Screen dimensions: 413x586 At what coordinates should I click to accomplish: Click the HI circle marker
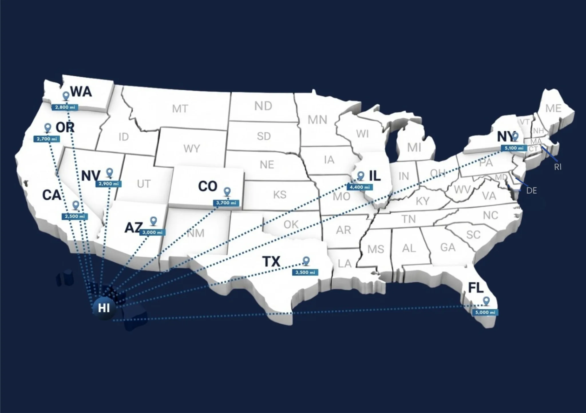(x=104, y=308)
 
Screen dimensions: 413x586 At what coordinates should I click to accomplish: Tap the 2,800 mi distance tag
(x=65, y=107)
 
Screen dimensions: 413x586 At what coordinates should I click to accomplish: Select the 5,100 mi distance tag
(x=514, y=148)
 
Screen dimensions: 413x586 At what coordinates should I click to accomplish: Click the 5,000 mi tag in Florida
(x=485, y=312)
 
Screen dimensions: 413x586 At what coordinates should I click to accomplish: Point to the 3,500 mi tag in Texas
(x=305, y=272)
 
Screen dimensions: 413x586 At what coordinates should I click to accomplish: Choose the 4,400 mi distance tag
(x=360, y=187)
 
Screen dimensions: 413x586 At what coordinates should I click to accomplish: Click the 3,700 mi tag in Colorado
(x=226, y=203)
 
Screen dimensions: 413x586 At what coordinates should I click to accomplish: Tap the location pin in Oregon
(x=48, y=128)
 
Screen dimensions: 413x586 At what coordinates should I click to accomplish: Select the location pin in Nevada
(x=109, y=172)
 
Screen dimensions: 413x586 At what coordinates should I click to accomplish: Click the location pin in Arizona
(x=154, y=221)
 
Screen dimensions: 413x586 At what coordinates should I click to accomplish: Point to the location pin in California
(x=76, y=205)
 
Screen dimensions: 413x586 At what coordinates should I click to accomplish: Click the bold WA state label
(x=81, y=92)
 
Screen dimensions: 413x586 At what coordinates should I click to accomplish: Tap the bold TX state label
(x=271, y=261)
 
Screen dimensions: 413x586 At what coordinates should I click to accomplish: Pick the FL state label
(x=476, y=287)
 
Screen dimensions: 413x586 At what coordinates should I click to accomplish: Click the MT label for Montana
(x=180, y=109)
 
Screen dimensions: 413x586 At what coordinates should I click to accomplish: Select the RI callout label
(x=558, y=167)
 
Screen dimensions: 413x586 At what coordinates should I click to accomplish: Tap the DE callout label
(x=531, y=191)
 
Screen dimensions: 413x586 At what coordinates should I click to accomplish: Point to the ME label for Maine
(x=553, y=108)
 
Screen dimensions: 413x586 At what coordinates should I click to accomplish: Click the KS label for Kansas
(x=280, y=195)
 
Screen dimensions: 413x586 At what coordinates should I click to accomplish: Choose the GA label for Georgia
(x=448, y=247)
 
